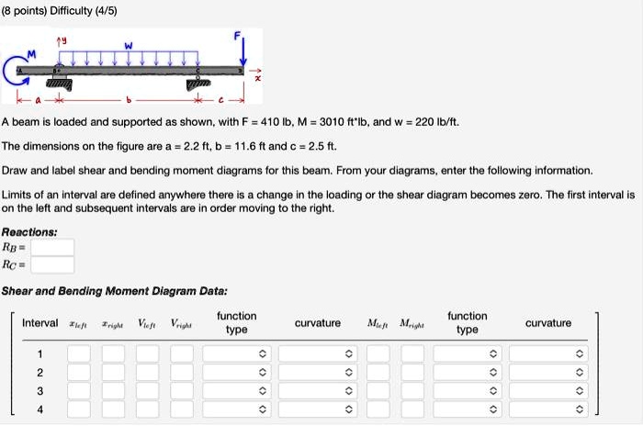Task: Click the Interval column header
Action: click(x=39, y=323)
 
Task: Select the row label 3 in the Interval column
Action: click(x=39, y=390)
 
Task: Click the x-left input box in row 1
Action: click(x=78, y=353)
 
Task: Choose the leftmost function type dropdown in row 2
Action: click(x=236, y=372)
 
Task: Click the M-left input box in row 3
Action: click(x=377, y=390)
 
